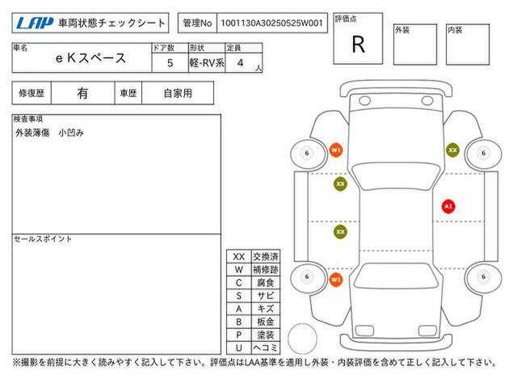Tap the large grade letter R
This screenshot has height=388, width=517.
pos(359,45)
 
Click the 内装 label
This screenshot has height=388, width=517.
pos(455,30)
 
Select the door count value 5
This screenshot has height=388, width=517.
pos(169,60)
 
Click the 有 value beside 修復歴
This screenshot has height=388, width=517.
pos(82,94)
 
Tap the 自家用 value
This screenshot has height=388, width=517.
pos(178,94)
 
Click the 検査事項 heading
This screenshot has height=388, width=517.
pos(29,119)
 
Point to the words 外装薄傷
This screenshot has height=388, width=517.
pos(32,131)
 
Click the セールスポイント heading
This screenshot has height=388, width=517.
pos(43,239)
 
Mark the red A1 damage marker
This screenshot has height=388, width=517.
pos(448,206)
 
